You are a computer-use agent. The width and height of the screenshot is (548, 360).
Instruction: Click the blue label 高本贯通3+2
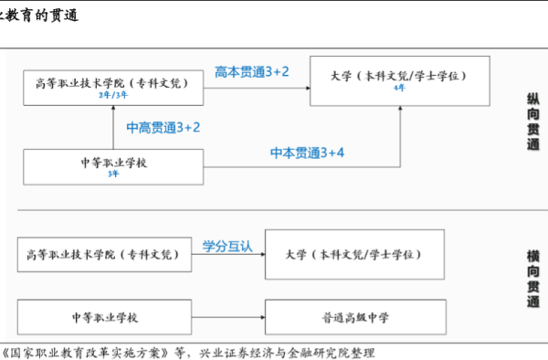(252, 71)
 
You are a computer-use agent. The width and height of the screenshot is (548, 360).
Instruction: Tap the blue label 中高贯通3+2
(163, 127)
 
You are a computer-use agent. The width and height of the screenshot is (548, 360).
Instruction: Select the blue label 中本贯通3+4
(307, 152)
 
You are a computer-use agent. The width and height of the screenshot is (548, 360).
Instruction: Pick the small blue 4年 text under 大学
(399, 88)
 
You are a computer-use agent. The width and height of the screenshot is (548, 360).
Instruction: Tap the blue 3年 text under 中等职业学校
(113, 173)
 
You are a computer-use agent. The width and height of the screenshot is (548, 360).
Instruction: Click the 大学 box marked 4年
(400, 75)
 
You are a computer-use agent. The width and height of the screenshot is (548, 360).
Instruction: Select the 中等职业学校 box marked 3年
(113, 165)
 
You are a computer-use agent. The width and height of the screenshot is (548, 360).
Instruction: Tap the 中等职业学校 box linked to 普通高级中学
(103, 317)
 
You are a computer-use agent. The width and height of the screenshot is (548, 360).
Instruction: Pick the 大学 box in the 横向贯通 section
(354, 255)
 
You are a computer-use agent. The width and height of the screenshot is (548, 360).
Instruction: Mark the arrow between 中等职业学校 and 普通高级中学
(227, 317)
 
